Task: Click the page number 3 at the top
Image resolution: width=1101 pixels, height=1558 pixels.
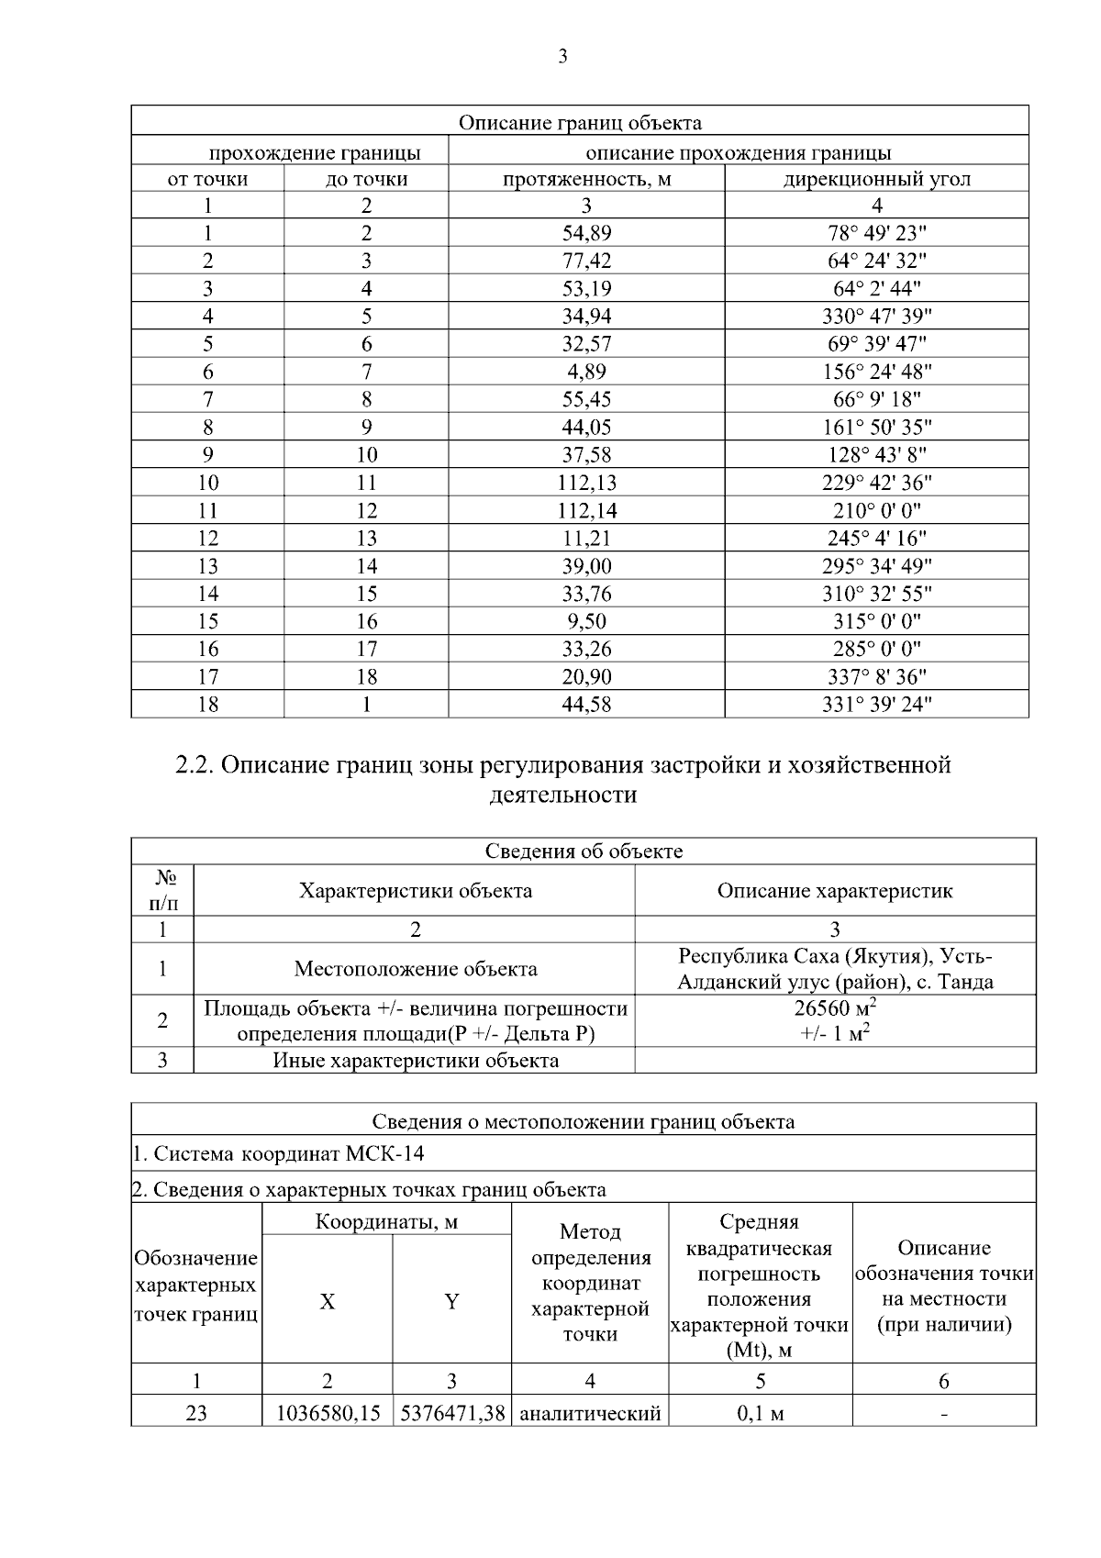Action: [562, 57]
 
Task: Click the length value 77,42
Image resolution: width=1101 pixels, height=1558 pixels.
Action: [586, 261]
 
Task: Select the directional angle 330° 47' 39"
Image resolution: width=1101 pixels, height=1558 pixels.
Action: [876, 317]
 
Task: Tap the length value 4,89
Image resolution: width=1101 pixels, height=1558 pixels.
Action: [586, 372]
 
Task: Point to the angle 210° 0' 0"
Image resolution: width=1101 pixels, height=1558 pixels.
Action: [876, 510]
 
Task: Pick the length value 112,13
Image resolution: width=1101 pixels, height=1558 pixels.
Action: [586, 483]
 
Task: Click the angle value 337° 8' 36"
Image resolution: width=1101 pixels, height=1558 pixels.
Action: [876, 677]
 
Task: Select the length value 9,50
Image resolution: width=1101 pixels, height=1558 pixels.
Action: [586, 621]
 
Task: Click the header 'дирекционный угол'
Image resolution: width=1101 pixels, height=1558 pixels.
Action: [876, 179]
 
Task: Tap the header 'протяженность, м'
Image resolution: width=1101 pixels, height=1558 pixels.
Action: [586, 179]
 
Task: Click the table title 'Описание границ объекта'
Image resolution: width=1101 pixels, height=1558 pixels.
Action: [580, 122]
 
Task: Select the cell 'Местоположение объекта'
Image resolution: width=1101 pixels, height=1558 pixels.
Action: [416, 969]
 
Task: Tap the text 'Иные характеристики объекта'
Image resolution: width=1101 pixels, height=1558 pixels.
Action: [416, 1061]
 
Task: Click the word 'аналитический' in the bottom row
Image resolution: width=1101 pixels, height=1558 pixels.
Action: [590, 1414]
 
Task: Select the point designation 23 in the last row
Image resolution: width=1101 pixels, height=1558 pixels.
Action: [196, 1414]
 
